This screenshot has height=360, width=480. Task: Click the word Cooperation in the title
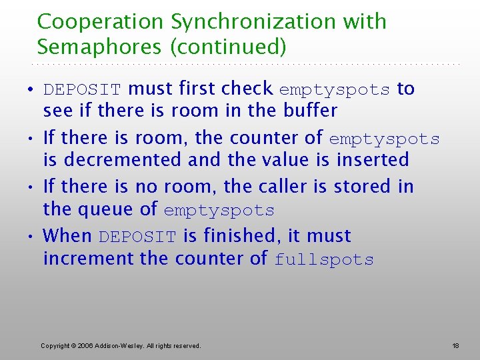pos(101,22)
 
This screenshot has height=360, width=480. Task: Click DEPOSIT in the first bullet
pos(82,89)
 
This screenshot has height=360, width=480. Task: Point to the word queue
pos(101,209)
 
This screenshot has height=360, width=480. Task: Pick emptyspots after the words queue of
pos(219,211)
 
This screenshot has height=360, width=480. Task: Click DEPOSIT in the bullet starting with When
pos(137,237)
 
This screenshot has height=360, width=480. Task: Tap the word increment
pos(89,259)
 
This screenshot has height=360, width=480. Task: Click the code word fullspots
pos(324,260)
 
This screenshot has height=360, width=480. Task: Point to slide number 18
pos(455,345)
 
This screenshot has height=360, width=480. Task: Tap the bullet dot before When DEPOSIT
pos(33,237)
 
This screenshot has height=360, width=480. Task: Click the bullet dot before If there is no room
pos(33,187)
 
